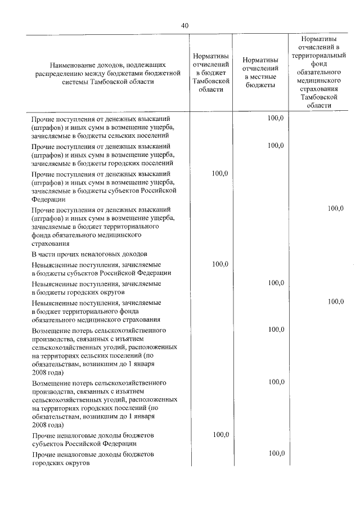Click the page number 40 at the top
click(x=185, y=25)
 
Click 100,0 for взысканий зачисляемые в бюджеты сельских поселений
click(x=276, y=118)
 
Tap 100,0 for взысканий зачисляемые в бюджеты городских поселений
click(x=276, y=146)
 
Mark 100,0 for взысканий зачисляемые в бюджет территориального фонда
click(x=335, y=209)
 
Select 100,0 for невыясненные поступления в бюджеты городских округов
click(x=276, y=283)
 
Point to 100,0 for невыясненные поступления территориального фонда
click(x=335, y=302)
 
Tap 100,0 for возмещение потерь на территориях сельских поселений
click(x=276, y=329)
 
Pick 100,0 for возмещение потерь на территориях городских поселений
click(x=276, y=382)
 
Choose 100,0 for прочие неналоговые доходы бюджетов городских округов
click(x=276, y=453)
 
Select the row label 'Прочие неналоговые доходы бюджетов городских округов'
click(x=93, y=458)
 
